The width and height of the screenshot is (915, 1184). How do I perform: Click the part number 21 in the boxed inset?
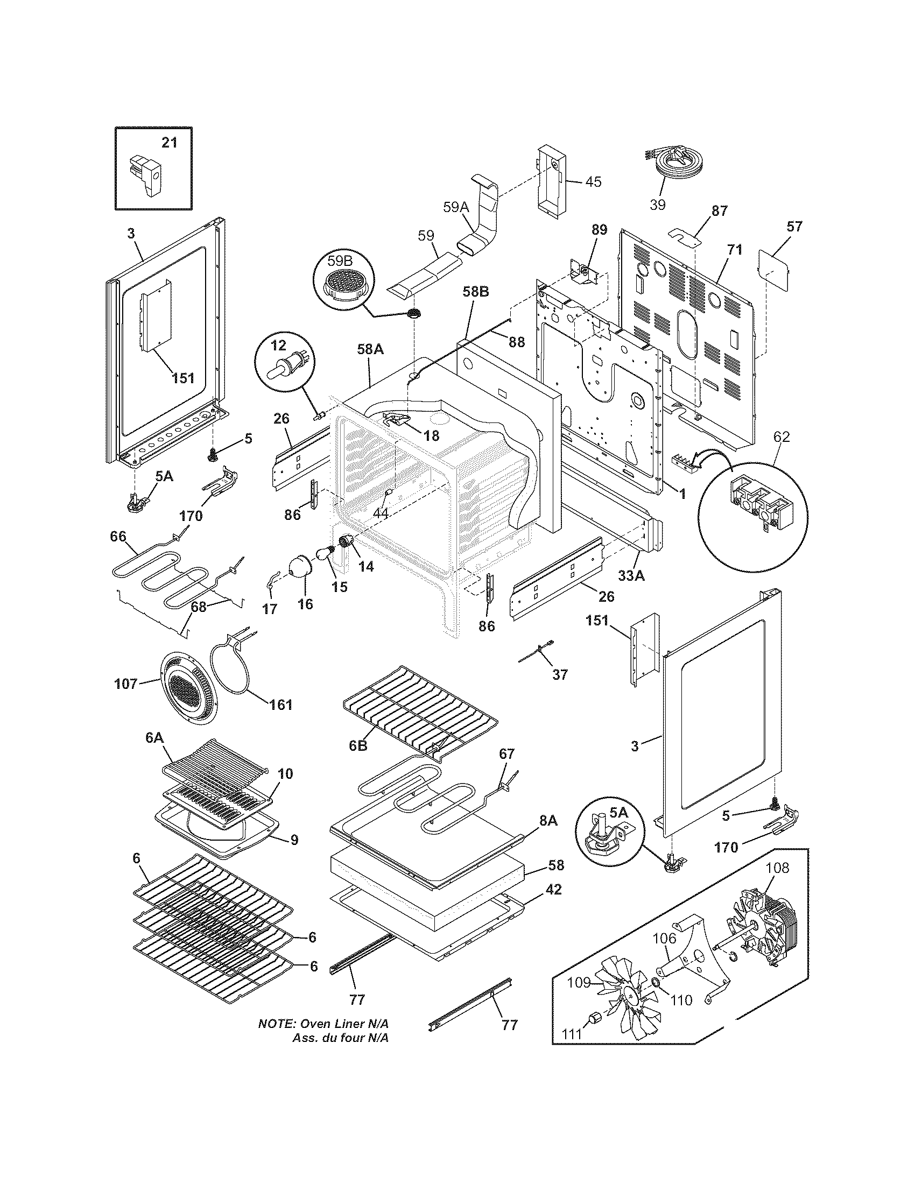tap(169, 143)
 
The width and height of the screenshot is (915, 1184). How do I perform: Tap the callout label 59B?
tap(339, 261)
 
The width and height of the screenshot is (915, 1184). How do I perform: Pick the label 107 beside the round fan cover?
tap(126, 684)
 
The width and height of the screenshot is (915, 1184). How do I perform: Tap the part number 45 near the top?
tap(593, 181)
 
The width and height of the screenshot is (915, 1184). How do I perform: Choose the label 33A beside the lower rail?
tap(631, 576)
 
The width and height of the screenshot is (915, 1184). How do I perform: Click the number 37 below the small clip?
tap(560, 674)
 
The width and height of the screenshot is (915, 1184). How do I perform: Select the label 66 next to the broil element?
tap(118, 537)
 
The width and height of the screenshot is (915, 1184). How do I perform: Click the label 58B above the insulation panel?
tap(476, 292)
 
